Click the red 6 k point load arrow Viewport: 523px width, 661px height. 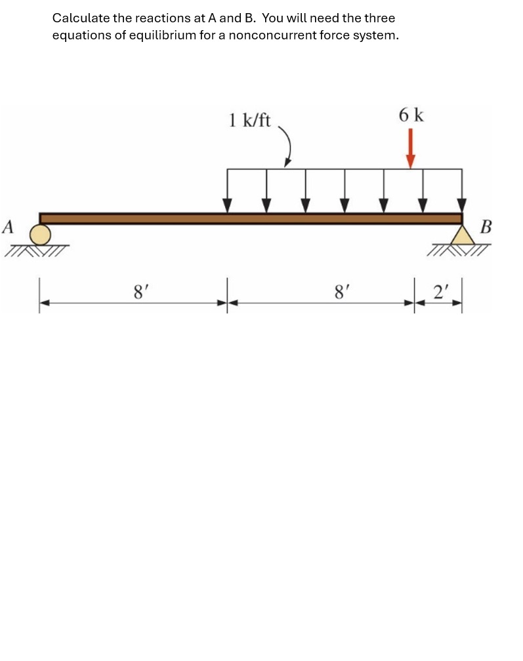point(410,148)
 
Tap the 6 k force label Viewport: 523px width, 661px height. point(411,115)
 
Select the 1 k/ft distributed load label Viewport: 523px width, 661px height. point(249,120)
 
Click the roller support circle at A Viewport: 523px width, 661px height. point(41,235)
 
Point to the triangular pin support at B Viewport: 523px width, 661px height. point(463,235)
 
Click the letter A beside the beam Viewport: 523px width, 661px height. point(9,227)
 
